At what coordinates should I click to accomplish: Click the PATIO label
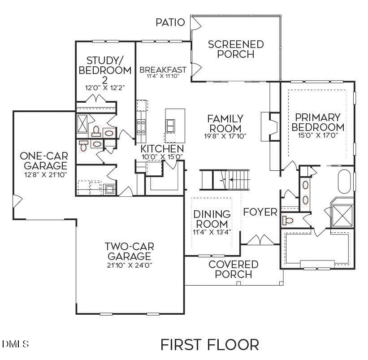[x=170, y=22]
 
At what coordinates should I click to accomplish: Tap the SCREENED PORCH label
[x=236, y=49]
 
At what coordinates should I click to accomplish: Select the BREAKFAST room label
[x=163, y=70]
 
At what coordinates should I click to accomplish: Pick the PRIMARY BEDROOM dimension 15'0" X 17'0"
[x=318, y=134]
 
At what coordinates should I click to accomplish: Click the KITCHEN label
[x=162, y=149]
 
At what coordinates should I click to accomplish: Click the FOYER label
[x=260, y=212]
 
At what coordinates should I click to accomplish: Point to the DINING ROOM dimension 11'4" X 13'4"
[x=212, y=231]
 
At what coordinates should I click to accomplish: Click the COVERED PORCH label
[x=233, y=269]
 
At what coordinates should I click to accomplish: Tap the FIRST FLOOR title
[x=209, y=345]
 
